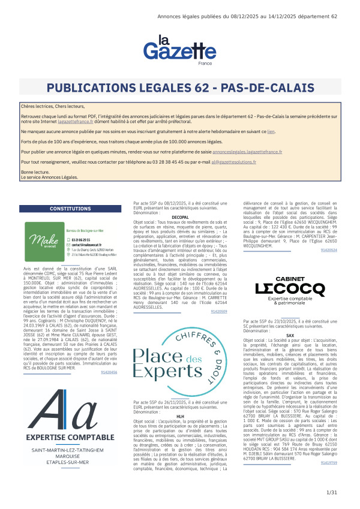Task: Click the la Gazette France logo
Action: pos(179,51)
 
